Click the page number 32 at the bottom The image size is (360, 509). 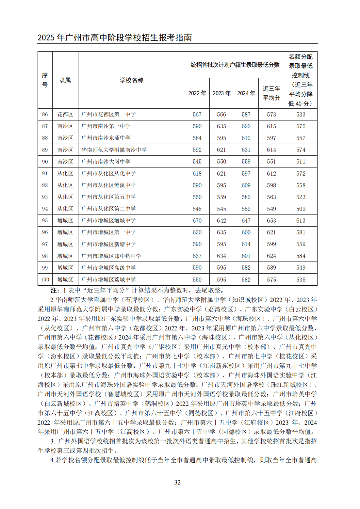177,482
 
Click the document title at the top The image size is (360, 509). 115,38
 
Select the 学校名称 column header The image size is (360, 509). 131,80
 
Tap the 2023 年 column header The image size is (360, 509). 221,93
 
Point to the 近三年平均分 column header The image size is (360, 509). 271,93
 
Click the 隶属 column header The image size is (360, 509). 65,80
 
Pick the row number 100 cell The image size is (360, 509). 45,280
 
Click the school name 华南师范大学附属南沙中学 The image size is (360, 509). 114,150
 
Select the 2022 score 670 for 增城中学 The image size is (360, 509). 197,221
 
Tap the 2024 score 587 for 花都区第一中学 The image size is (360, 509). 246,115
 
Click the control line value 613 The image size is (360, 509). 301,221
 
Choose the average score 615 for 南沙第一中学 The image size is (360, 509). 271,126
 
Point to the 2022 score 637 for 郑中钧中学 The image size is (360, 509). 197,256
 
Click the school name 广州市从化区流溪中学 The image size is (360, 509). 108,185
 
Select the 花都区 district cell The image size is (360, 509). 65,115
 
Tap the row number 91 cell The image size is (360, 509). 45,174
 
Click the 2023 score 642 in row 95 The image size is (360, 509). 221,221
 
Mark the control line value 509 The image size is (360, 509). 301,209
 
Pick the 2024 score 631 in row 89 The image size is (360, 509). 246,150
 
